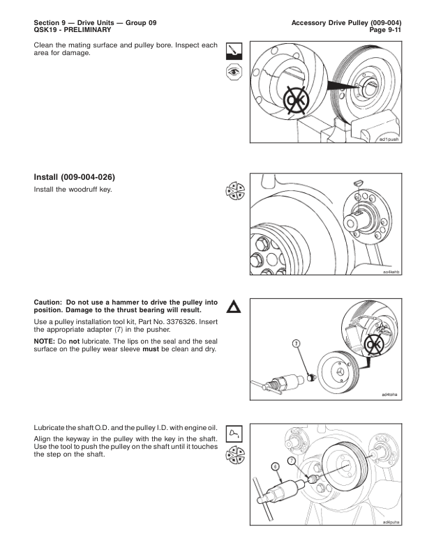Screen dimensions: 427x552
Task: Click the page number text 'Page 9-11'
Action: pos(385,30)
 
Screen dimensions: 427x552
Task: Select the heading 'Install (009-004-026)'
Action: pos(75,177)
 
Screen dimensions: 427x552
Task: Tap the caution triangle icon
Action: pos(234,307)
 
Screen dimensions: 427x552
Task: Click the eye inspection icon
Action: pos(234,72)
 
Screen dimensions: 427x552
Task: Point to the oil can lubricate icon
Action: pos(234,434)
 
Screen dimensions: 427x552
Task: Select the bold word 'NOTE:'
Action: pos(45,341)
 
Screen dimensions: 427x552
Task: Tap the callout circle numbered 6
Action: pos(276,466)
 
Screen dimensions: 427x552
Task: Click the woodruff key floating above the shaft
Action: pos(358,183)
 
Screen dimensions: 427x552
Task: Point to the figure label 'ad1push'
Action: pos(389,139)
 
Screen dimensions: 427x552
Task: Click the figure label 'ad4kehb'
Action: pos(391,272)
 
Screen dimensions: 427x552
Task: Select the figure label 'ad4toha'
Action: pos(389,394)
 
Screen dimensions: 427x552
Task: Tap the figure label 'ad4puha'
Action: pos(391,522)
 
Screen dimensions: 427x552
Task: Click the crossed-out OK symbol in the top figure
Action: pos(297,100)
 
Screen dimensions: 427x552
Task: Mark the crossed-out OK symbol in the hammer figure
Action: pos(374,345)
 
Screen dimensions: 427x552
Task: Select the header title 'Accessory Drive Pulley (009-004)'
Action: pos(346,23)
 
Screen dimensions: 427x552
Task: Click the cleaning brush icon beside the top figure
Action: pos(234,52)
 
